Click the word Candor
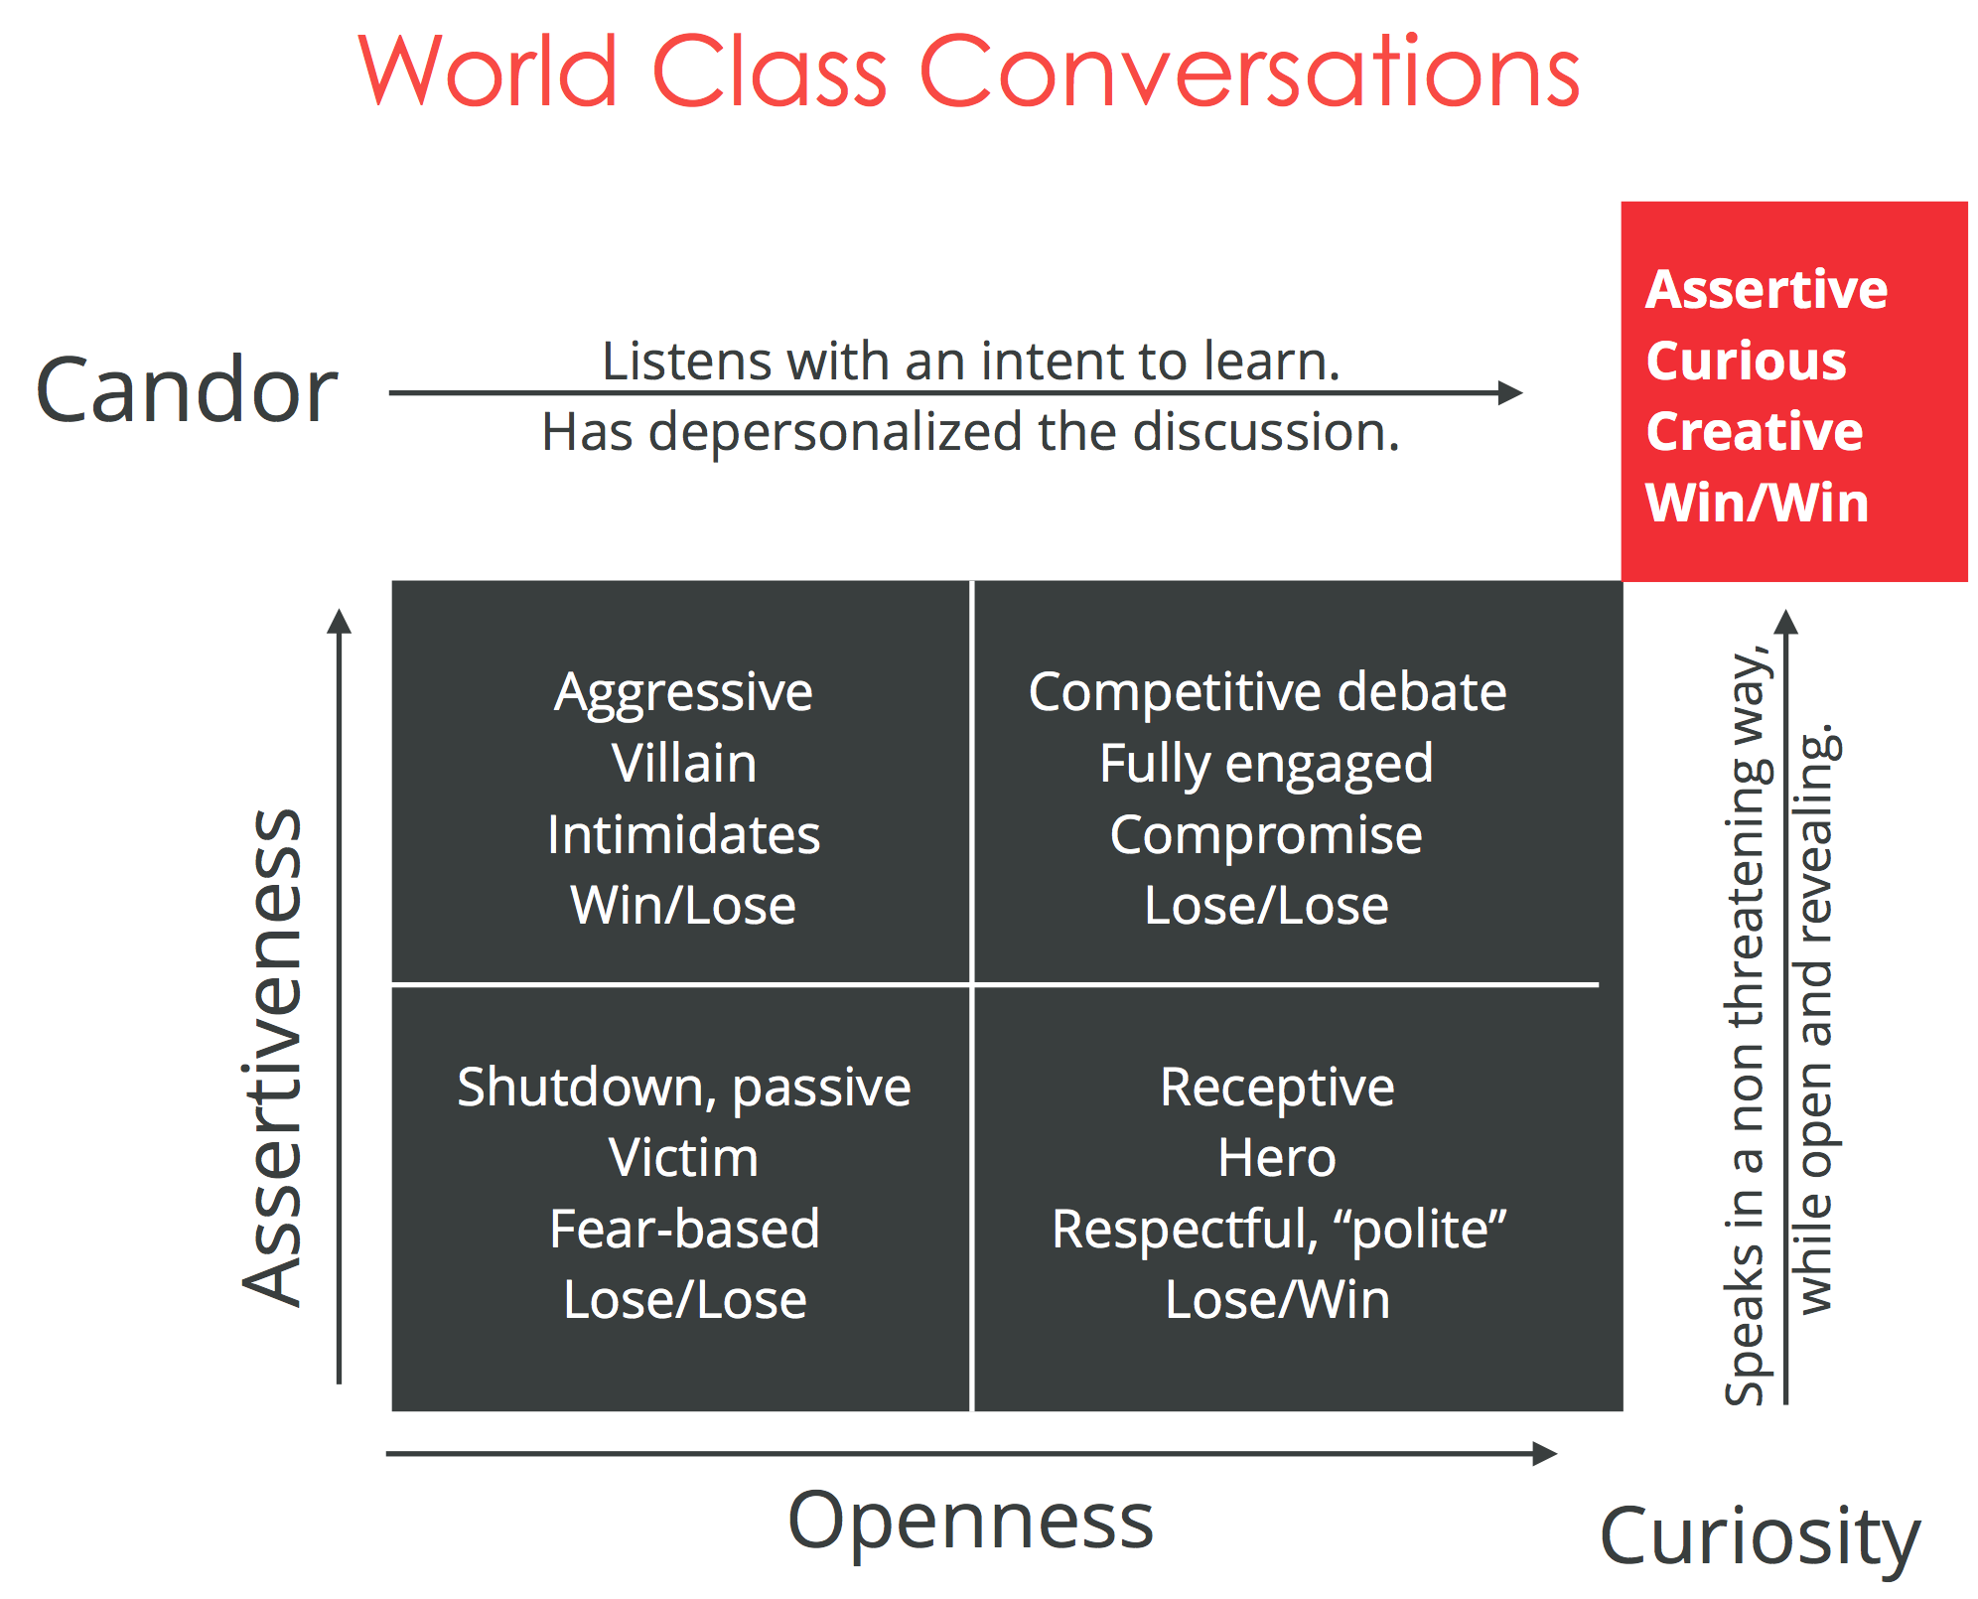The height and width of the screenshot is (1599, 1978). point(187,390)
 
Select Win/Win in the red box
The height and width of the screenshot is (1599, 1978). point(1757,502)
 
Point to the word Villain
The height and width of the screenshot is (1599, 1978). point(683,763)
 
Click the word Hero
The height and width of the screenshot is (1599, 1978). point(1277,1157)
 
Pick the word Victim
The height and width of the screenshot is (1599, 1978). point(683,1157)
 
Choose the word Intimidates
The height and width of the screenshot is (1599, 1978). point(683,834)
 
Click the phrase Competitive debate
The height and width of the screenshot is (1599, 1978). point(1267,691)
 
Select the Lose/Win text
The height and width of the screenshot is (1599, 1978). point(1277,1299)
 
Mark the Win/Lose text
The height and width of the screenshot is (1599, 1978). point(683,905)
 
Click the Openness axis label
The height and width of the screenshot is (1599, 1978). point(970,1522)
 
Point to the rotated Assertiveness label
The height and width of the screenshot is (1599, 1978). point(272,1057)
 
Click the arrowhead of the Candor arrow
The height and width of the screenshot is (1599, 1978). point(1510,392)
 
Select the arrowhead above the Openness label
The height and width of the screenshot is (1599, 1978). point(1545,1454)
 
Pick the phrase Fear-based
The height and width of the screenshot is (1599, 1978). point(684,1229)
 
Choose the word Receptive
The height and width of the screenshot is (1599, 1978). point(1277,1088)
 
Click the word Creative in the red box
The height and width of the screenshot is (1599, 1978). point(1755,431)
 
